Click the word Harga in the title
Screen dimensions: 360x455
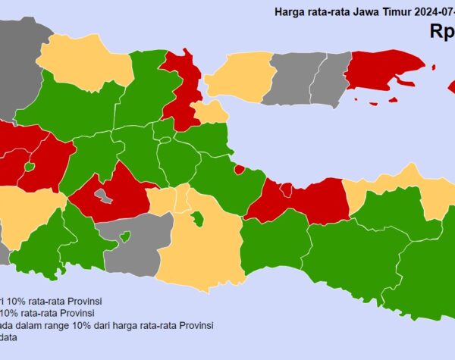pos(291,13)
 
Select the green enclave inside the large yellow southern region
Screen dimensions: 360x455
pos(197,219)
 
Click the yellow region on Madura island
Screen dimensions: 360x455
pos(240,77)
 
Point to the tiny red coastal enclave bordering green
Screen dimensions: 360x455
pos(239,170)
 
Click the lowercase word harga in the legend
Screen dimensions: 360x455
pos(140,325)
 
